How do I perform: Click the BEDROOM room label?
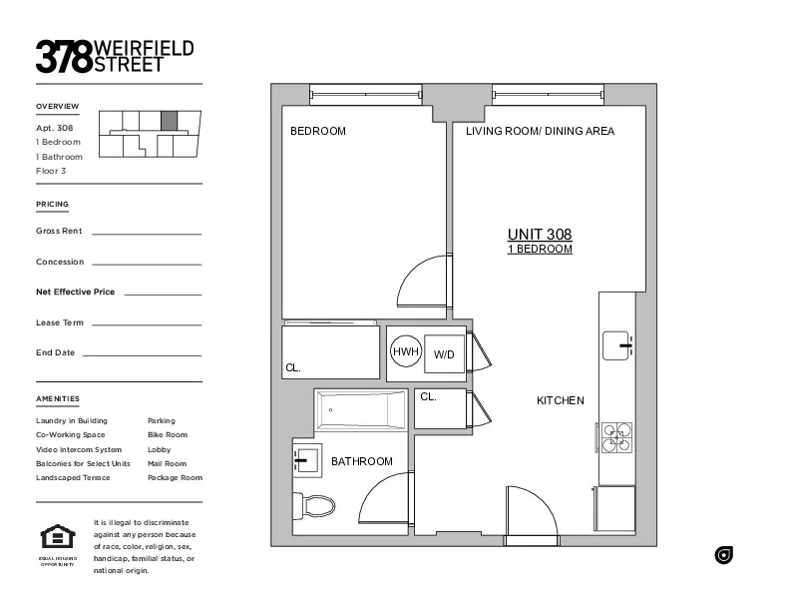coord(317,131)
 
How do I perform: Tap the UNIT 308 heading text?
coord(540,235)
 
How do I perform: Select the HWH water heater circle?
coord(405,352)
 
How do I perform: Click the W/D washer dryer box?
coord(444,353)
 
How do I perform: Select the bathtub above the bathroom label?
coord(360,410)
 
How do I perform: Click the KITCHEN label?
coord(561,400)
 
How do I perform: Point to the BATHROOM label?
coord(362,461)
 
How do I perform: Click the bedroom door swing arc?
coord(424,284)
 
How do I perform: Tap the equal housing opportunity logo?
coord(57,538)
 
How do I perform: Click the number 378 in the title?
coord(64,56)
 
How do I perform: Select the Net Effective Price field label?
coord(75,292)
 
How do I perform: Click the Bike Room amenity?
coord(167,435)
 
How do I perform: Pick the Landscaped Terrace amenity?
coord(73,477)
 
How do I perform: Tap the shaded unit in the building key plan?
coord(170,121)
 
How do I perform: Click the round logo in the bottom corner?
coord(724,555)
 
